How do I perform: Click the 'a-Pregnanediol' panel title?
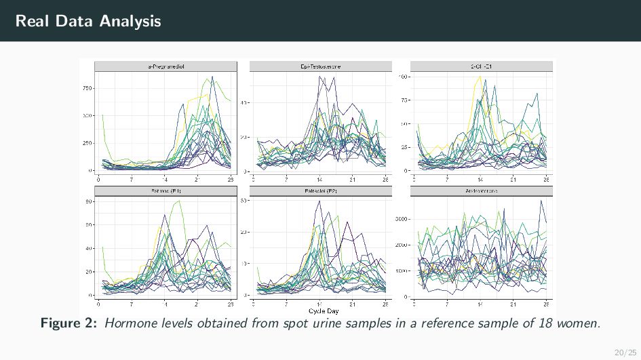pos(166,66)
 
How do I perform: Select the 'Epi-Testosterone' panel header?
pos(321,66)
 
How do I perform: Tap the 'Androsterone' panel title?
pos(481,191)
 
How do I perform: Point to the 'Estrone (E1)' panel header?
pos(166,191)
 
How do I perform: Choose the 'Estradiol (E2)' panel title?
pos(321,191)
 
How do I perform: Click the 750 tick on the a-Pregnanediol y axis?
pos(88,88)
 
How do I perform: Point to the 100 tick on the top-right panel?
pos(402,77)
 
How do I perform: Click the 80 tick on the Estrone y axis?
pos(90,201)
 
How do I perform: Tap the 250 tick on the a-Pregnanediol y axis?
pos(88,143)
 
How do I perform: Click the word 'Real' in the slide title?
pos(33,21)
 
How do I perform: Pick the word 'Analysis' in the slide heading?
pos(130,21)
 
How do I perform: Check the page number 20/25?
pos(621,352)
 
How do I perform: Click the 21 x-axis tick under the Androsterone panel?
pos(513,304)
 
